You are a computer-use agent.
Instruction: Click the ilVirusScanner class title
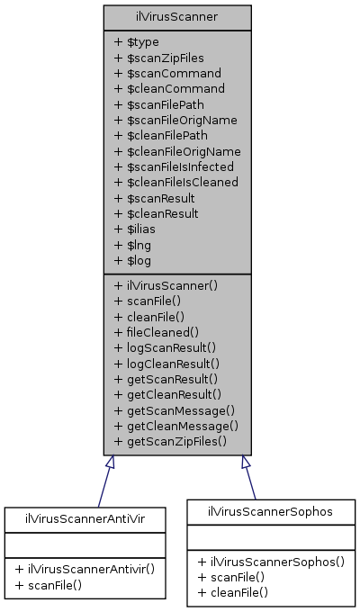click(x=176, y=16)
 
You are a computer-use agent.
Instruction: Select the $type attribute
click(x=138, y=41)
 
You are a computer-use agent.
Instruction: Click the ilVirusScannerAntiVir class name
click(x=85, y=518)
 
